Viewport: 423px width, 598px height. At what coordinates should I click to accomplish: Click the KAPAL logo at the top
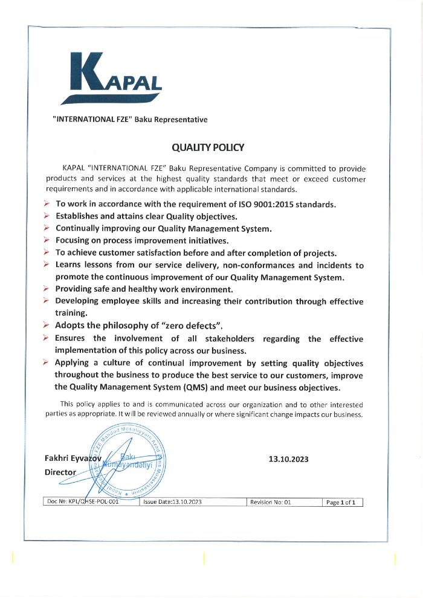[114, 78]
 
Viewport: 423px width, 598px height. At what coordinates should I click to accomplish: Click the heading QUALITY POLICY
[208, 147]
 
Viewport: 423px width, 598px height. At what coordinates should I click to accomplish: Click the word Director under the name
[60, 472]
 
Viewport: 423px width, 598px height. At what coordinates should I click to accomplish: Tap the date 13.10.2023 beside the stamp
[288, 459]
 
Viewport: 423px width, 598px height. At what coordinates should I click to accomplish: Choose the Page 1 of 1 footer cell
[343, 502]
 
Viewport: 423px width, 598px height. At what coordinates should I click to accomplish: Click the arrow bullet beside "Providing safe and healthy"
[47, 289]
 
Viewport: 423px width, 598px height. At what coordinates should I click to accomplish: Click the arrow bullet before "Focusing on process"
[47, 240]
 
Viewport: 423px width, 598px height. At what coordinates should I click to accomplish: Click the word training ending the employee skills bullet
[71, 313]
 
